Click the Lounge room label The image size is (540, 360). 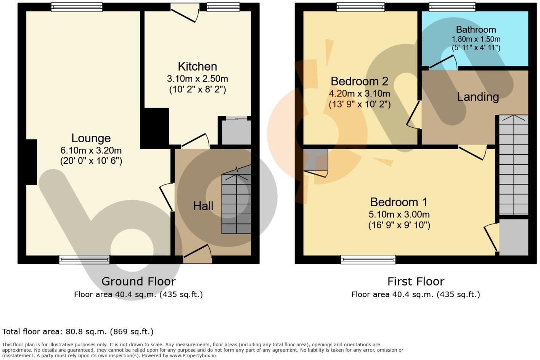click(x=91, y=138)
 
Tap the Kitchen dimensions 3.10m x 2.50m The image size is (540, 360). click(x=198, y=79)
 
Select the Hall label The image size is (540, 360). click(x=203, y=206)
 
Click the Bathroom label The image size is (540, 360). click(x=476, y=30)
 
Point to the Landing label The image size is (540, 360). click(x=478, y=97)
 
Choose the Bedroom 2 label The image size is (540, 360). click(x=359, y=81)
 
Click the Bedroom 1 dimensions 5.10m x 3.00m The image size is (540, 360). click(x=399, y=214)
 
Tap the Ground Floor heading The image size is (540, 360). click(x=138, y=281)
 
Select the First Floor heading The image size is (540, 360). click(x=416, y=281)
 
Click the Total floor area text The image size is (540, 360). click(x=78, y=331)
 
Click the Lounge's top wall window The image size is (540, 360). click(x=77, y=7)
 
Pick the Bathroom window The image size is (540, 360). click(x=452, y=7)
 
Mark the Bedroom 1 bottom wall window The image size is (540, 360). click(x=368, y=260)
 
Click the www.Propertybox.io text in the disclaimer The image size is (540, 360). click(x=193, y=355)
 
